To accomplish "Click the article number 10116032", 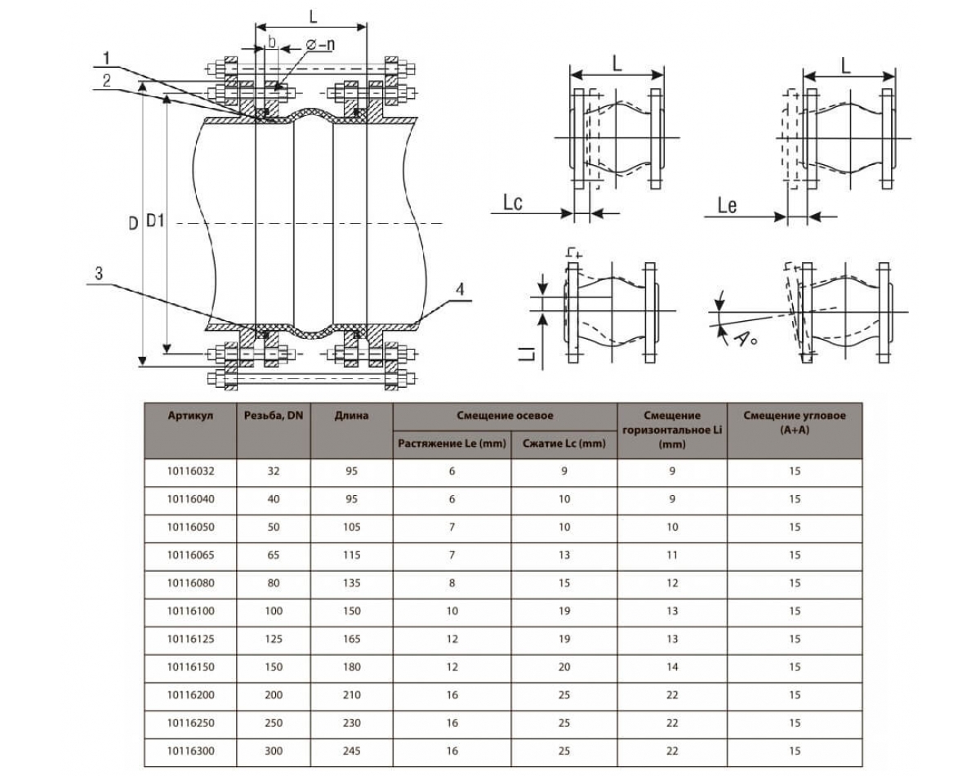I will [190, 471].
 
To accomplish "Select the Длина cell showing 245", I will [351, 751].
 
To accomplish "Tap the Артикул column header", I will [190, 416].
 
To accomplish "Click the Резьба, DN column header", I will [273, 416].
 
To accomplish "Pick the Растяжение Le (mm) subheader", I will [452, 444].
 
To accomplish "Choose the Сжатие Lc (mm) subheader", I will [564, 444].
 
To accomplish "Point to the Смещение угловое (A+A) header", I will [795, 421].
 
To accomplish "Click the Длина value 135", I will [351, 583].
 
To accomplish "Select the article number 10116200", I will [190, 695].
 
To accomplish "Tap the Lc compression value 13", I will [564, 555].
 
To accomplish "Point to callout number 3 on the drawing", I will [99, 274].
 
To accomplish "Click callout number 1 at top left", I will [107, 57].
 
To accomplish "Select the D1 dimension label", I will [155, 221].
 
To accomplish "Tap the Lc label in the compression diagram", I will [513, 203].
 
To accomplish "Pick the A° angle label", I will [744, 338].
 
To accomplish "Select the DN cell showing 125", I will [273, 639].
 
